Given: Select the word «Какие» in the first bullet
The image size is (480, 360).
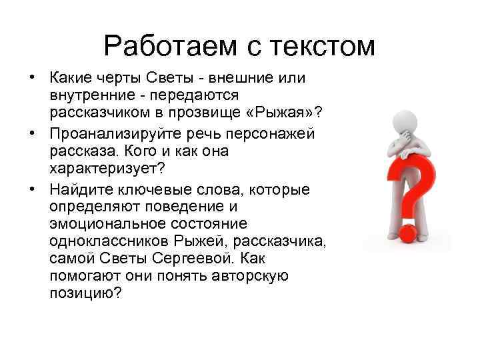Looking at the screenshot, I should coord(73,79).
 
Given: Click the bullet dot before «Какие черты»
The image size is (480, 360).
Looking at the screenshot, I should coord(31,79).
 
